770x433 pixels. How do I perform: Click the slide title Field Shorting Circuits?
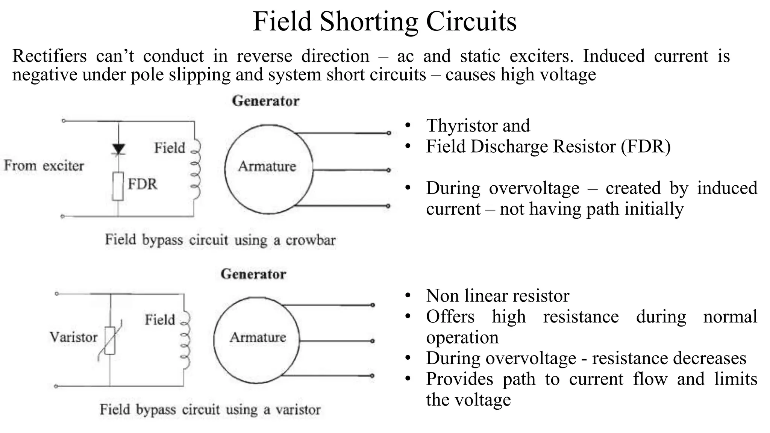click(385, 21)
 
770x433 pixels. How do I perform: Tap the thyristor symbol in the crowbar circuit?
click(119, 149)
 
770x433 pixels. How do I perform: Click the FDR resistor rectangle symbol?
click(118, 186)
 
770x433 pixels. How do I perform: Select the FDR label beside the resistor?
click(142, 184)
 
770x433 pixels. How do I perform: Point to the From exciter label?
click(44, 166)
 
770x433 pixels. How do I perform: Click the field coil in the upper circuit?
click(196, 169)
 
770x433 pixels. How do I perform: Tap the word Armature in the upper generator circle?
click(267, 166)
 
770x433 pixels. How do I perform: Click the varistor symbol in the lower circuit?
click(110, 341)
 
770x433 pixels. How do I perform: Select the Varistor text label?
click(74, 337)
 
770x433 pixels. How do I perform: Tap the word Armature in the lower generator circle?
click(258, 337)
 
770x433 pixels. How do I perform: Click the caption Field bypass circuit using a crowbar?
click(220, 240)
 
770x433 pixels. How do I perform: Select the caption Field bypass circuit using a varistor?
click(210, 409)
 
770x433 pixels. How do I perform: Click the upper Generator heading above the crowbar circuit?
click(265, 101)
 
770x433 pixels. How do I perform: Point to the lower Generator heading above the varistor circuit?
click(253, 274)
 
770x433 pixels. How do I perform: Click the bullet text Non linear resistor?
click(497, 296)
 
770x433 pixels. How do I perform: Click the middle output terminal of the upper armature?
click(389, 170)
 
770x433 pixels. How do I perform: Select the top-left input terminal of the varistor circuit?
click(56, 294)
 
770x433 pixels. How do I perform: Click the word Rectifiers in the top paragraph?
click(49, 56)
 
